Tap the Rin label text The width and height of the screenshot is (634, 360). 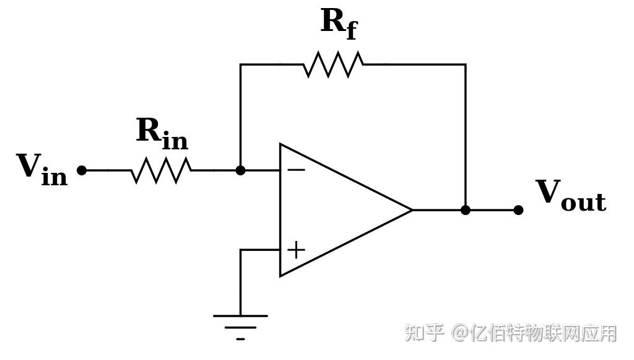click(x=162, y=133)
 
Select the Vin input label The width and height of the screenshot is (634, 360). click(x=41, y=169)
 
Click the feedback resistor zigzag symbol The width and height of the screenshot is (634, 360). click(x=333, y=64)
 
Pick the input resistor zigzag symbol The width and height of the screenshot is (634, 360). click(x=161, y=170)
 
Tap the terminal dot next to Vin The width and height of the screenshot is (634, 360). click(x=82, y=170)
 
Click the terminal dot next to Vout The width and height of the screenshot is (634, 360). click(x=518, y=210)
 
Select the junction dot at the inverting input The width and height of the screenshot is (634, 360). click(x=240, y=170)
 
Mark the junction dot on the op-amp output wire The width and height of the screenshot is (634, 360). click(x=465, y=210)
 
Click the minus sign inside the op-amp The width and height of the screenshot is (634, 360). click(x=296, y=170)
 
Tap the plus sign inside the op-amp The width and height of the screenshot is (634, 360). click(x=296, y=250)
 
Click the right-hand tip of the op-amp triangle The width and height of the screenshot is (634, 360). click(x=412, y=210)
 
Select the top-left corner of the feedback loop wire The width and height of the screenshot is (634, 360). click(x=241, y=64)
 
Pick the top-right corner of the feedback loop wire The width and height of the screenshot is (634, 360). click(x=465, y=64)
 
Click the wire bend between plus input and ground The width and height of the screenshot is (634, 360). click(x=241, y=250)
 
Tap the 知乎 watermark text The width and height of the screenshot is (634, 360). click(x=425, y=333)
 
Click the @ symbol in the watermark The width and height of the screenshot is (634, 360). click(x=459, y=333)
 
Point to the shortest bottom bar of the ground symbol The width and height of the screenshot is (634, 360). click(x=240, y=339)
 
